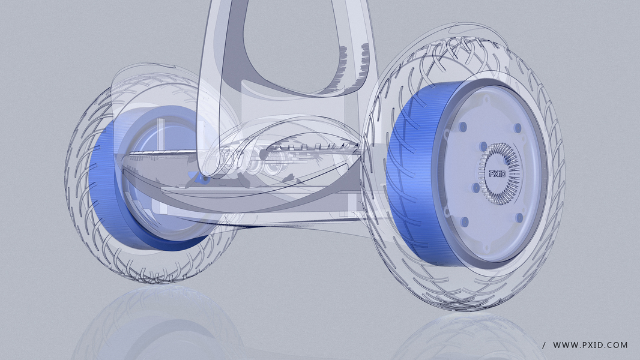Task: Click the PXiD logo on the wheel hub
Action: point(497,173)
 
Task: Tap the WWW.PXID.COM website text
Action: point(590,345)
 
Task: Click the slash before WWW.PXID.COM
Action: point(544,345)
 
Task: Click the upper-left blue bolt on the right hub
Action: point(462,127)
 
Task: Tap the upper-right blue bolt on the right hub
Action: point(518,128)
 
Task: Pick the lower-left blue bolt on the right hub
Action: point(465,222)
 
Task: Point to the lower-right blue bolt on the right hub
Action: point(519,218)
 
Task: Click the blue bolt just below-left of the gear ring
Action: point(476,188)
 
